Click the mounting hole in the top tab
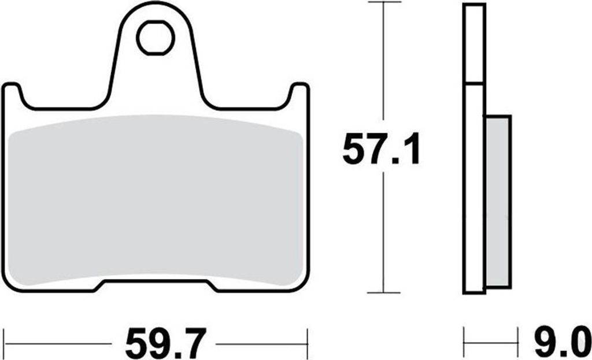coord(155,38)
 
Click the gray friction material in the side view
coord(498,201)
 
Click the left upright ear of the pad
coord(12,94)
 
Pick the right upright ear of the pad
coord(300,94)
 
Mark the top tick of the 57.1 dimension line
coord(384,2)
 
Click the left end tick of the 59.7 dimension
coord(4,343)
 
